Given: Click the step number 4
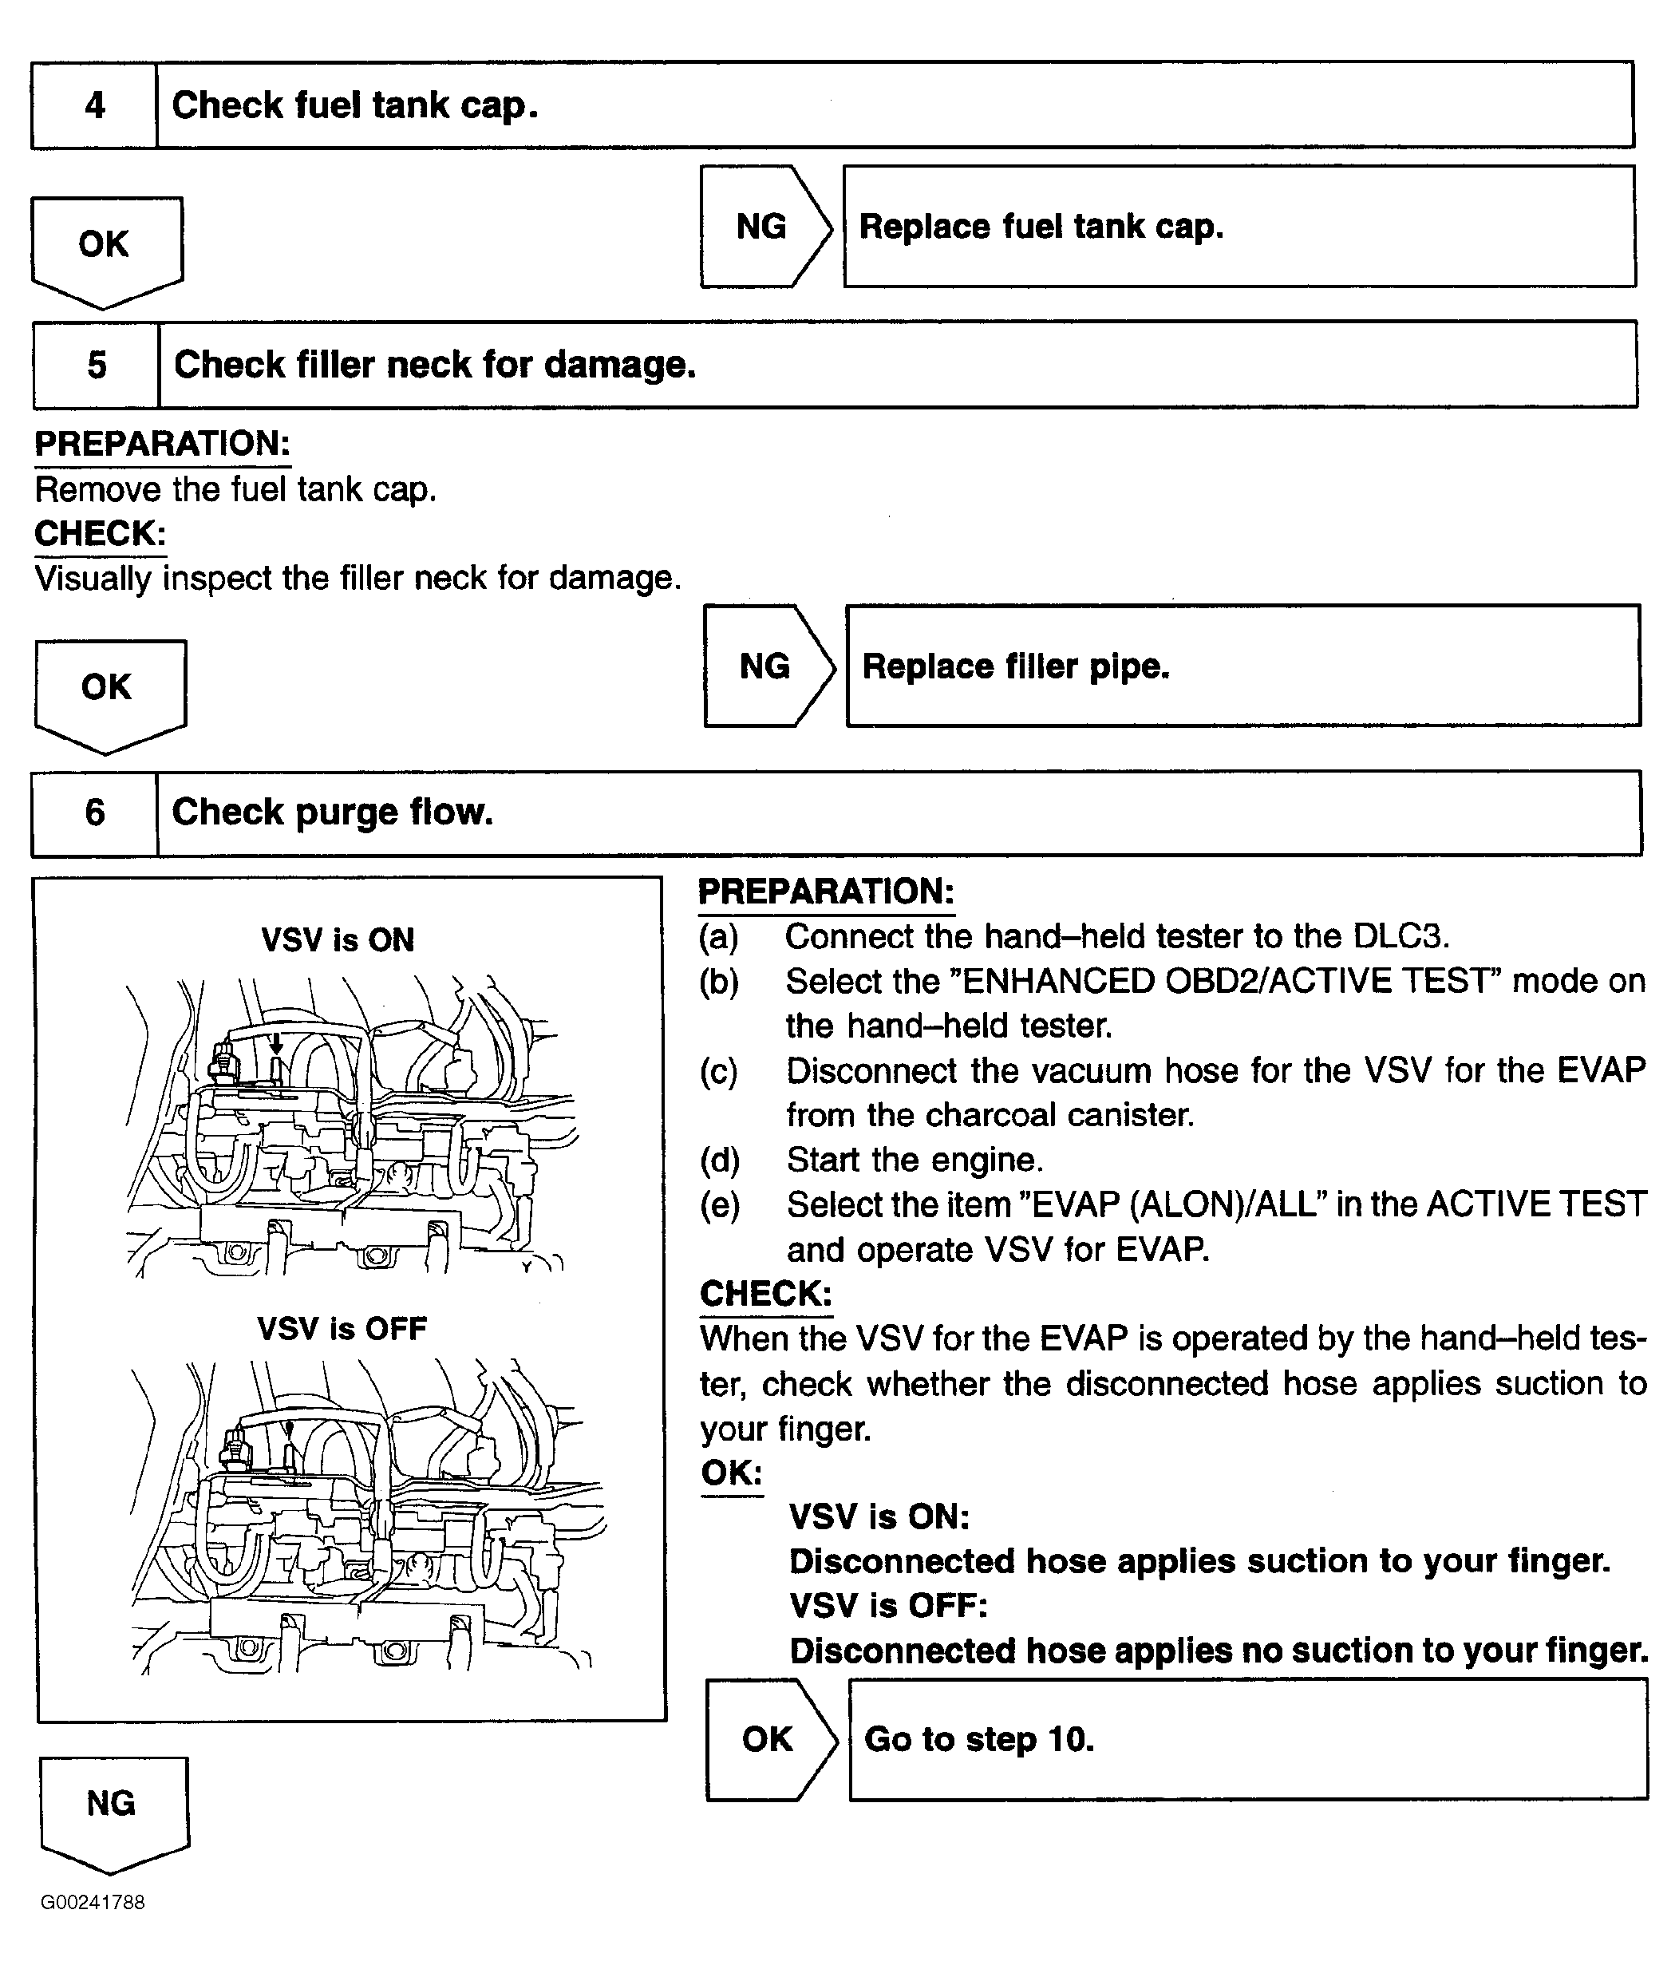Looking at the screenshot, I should [94, 105].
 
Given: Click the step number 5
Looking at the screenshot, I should [96, 365].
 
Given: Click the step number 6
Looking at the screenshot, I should [94, 813].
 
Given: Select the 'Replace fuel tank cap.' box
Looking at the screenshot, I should [1239, 226].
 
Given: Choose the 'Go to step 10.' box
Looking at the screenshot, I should [1247, 1739].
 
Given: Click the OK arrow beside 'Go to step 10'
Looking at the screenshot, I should [768, 1739].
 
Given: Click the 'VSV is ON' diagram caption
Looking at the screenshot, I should [338, 940].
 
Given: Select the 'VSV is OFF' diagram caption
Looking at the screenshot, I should [342, 1329].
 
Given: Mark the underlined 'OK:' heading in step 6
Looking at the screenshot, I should [732, 1472].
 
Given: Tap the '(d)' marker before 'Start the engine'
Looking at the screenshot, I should [719, 1160].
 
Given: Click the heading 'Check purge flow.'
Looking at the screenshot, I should [333, 813].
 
